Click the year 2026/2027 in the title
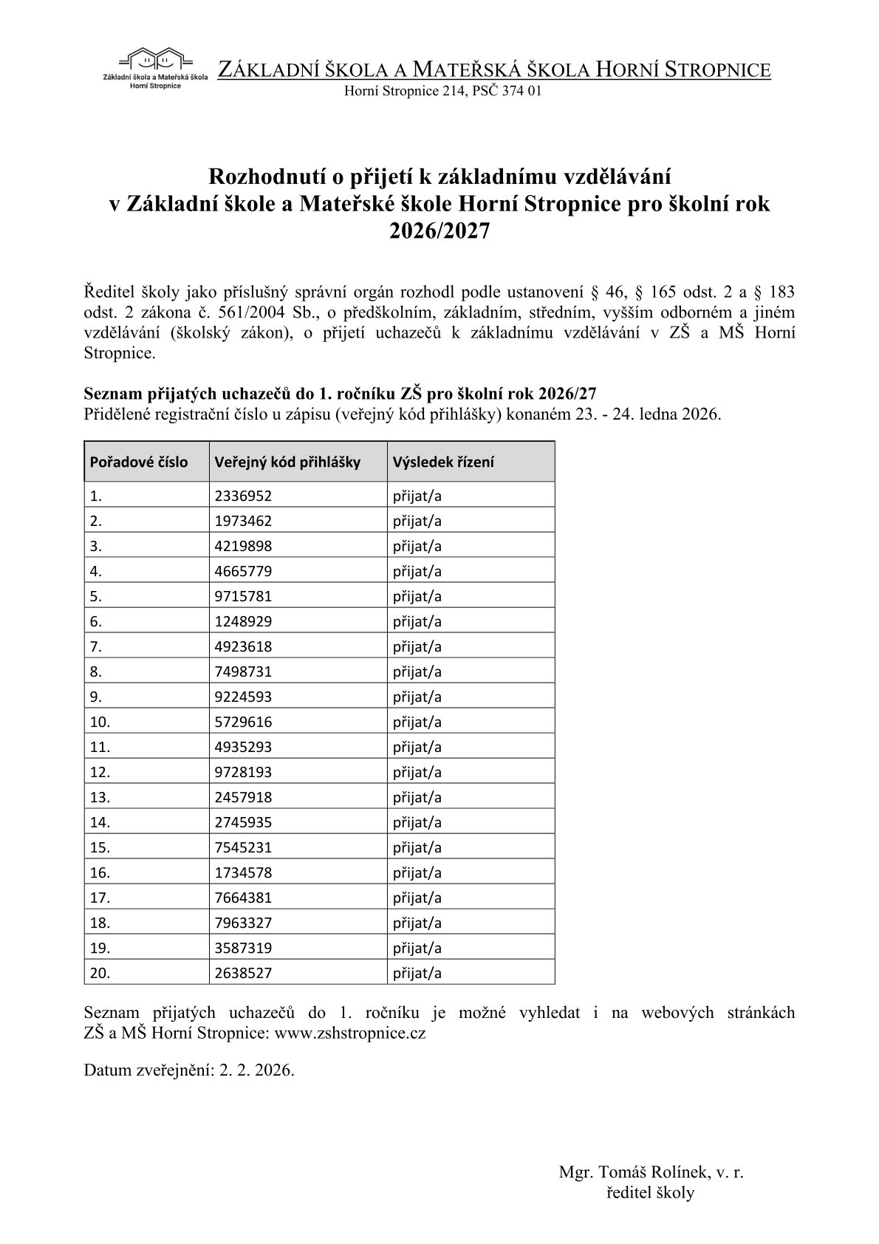(x=439, y=231)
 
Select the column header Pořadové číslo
(x=139, y=462)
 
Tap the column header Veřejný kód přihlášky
(x=287, y=462)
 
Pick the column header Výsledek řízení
(x=443, y=462)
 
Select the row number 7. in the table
(x=96, y=646)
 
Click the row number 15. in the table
(x=100, y=847)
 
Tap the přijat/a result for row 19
(x=417, y=948)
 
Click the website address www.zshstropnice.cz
(x=350, y=1033)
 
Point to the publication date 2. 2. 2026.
(x=256, y=1070)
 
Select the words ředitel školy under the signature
(x=650, y=1192)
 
